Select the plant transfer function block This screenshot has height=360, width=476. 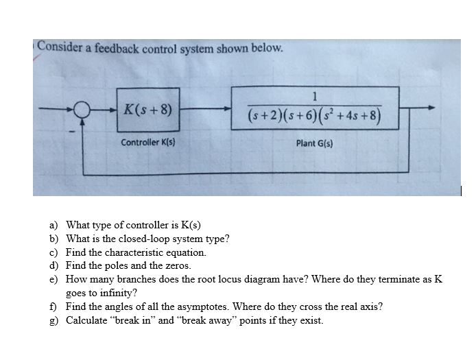[316, 108]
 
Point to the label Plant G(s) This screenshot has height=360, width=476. [316, 143]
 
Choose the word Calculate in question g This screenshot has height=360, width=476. [86, 320]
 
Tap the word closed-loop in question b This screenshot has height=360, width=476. [141, 239]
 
